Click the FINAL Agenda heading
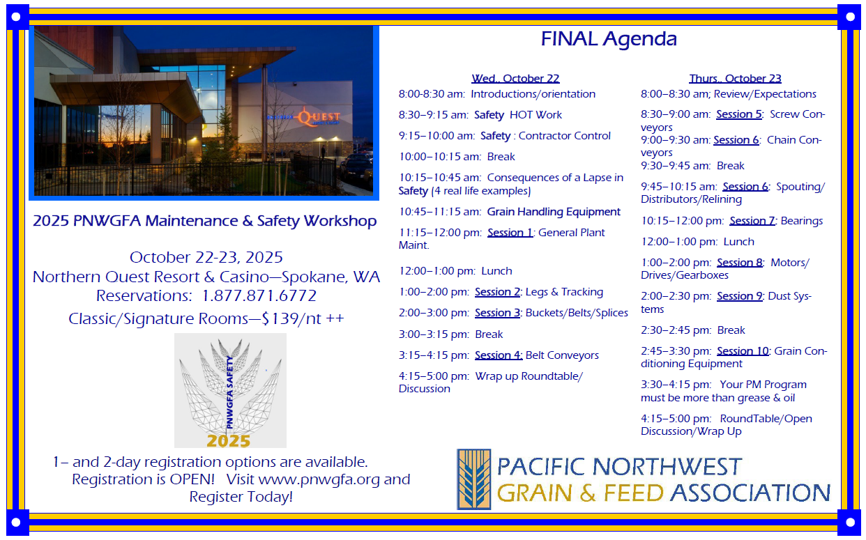tap(609, 39)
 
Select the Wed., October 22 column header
tap(515, 79)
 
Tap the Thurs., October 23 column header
tap(735, 79)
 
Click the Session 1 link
tap(510, 233)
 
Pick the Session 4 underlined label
tap(499, 355)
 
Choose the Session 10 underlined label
tap(743, 350)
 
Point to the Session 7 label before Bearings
tap(752, 221)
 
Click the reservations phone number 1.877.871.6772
tap(259, 295)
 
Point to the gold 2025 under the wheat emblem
tap(229, 441)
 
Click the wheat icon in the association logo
tap(474, 479)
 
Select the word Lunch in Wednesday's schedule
tap(496, 271)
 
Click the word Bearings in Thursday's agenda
tap(802, 221)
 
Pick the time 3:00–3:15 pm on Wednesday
tap(434, 334)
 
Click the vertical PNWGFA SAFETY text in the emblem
tap(229, 392)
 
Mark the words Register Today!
tap(241, 497)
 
